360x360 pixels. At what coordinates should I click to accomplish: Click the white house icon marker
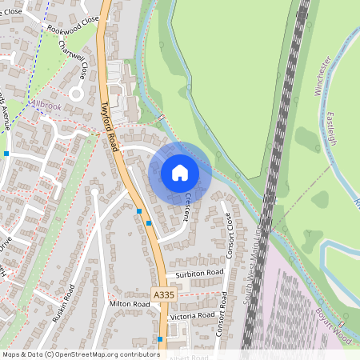[x=180, y=173]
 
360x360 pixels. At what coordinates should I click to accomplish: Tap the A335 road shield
[x=163, y=295]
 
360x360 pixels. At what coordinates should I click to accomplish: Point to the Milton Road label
[x=130, y=304]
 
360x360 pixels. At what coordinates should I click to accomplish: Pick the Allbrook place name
[x=46, y=104]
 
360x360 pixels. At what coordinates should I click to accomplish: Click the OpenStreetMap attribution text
[x=81, y=354]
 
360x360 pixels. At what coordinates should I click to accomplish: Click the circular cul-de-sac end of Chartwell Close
[x=78, y=94]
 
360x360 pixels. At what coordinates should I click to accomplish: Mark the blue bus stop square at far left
[x=6, y=153]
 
